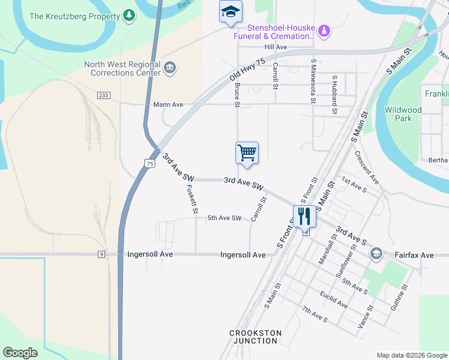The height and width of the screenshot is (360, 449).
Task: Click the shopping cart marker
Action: coord(247,153)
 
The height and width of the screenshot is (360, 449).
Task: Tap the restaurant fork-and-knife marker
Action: coord(304,215)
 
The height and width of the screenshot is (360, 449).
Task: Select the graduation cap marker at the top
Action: coord(231,11)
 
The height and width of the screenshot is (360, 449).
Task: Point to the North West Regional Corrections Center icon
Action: coord(169,68)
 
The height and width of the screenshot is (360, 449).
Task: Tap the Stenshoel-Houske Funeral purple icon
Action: coord(324,30)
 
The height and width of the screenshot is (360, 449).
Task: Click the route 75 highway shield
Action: coord(149,163)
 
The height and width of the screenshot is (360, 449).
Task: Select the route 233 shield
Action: coord(103,95)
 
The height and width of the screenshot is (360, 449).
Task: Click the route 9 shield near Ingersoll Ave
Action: coord(102,254)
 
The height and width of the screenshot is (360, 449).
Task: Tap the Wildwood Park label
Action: coord(403,114)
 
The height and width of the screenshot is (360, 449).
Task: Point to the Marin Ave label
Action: coord(168,104)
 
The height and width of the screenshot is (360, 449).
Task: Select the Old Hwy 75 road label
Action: coord(247,70)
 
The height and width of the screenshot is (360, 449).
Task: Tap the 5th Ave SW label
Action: coord(224,218)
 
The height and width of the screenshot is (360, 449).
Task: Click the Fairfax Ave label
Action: coord(414,255)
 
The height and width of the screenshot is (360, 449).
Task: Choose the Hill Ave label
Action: coord(276,47)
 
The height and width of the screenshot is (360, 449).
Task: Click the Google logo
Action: coord(20,353)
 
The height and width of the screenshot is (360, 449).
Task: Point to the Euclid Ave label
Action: coord(334,300)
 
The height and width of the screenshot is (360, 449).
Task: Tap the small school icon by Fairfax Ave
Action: coord(376,253)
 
